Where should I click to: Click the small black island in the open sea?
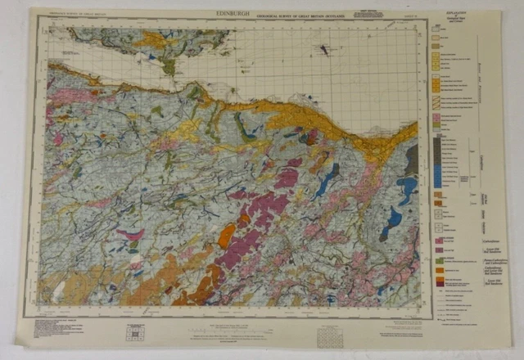pyautogui.click(x=327, y=50)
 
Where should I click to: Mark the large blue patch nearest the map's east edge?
pyautogui.click(x=405, y=190)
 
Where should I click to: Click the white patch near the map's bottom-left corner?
pyautogui.click(x=57, y=290)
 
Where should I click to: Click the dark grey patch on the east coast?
pyautogui.click(x=411, y=155)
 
